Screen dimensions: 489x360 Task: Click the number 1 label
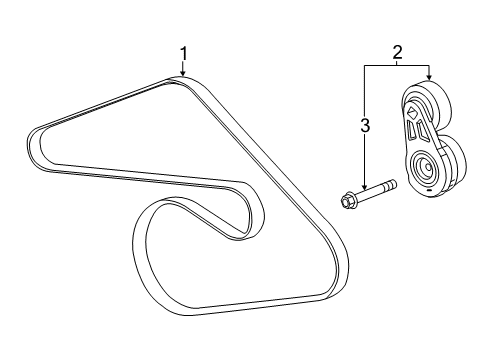tap(183, 52)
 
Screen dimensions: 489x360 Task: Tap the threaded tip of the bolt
tap(393, 185)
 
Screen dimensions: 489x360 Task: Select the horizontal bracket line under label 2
tap(397, 64)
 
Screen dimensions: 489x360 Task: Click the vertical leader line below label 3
tap(366, 160)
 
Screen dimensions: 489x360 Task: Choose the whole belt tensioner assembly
tap(426, 140)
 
